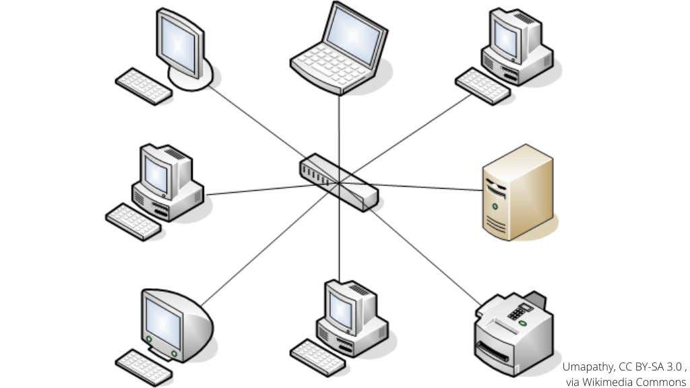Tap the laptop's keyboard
(x=332, y=67)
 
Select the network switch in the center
(x=339, y=181)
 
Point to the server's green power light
(x=495, y=205)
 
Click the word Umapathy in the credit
(x=587, y=367)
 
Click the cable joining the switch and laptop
(x=339, y=128)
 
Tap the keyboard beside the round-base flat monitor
(x=143, y=86)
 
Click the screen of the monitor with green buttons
(x=162, y=323)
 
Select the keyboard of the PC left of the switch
(x=133, y=222)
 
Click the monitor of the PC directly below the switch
(x=342, y=309)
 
